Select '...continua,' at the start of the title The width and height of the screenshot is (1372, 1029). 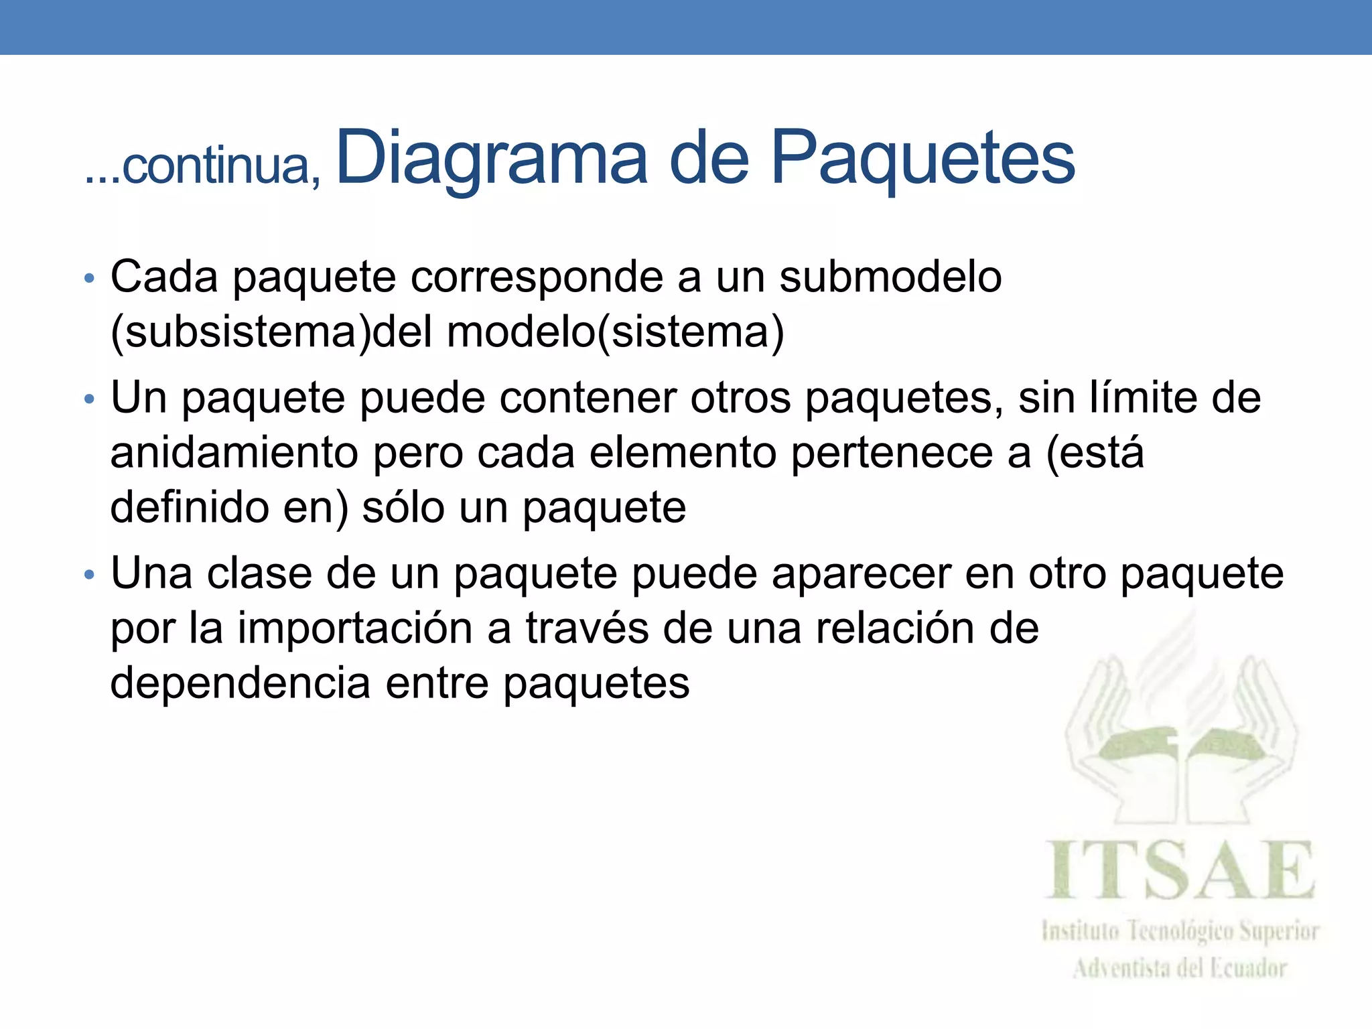click(203, 166)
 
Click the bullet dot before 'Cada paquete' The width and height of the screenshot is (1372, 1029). click(89, 278)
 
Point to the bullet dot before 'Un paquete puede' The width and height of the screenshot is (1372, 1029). click(89, 400)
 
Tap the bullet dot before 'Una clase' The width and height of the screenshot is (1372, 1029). click(89, 575)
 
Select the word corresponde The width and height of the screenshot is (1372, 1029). click(536, 277)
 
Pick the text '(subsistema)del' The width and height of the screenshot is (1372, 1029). click(271, 332)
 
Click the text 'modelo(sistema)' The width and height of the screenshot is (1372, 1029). click(615, 332)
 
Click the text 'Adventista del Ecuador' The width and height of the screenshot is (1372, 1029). click(1180, 969)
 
